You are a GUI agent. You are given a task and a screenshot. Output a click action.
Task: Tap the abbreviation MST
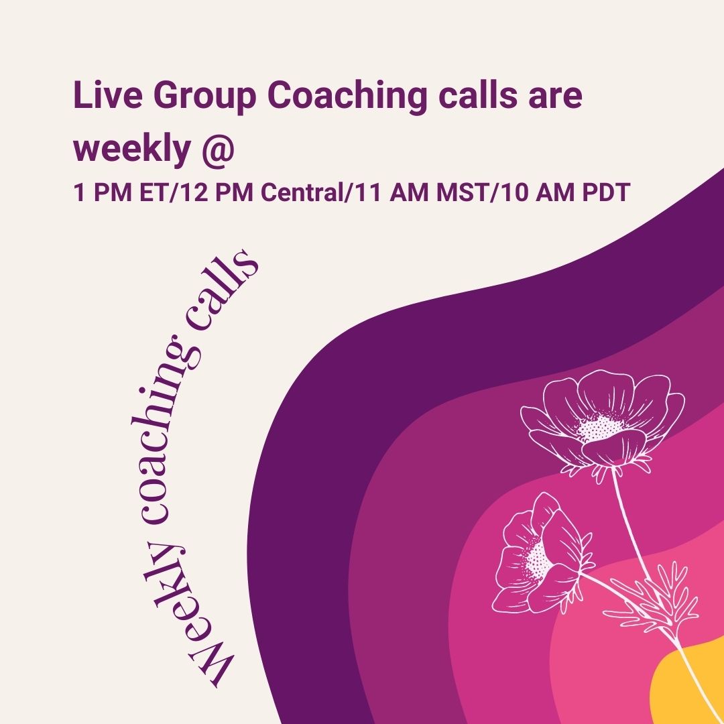click(x=462, y=192)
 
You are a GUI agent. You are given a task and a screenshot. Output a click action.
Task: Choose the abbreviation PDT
click(x=606, y=192)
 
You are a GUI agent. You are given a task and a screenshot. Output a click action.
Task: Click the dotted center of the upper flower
click(x=599, y=427)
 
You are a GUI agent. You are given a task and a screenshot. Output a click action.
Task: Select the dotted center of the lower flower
click(x=538, y=560)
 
